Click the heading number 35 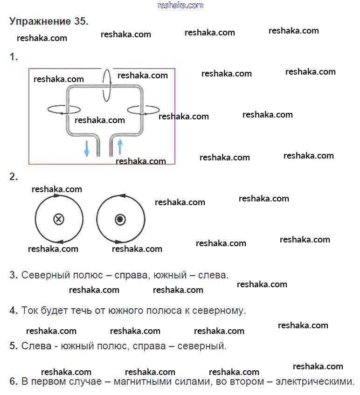79,21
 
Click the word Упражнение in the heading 39,22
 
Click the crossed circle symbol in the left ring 59,219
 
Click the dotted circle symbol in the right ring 120,219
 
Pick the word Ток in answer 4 29,311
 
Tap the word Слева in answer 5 33,346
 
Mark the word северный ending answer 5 203,346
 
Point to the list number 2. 14,177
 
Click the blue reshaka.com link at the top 180,5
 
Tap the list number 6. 14,381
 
